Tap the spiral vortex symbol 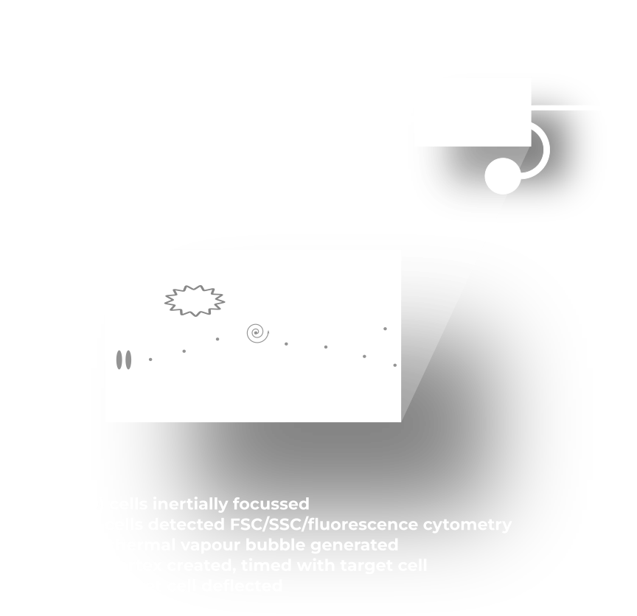[x=257, y=333]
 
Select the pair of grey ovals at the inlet [x=122, y=360]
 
